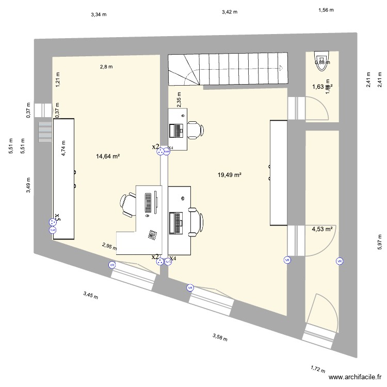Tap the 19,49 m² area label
coord(230,175)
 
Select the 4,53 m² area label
coord(321,229)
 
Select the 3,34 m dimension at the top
coord(99,14)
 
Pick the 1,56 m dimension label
coord(326,10)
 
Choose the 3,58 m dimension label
coord(220,337)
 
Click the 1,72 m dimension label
coord(318,369)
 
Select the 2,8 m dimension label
coord(106,66)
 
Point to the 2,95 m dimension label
coord(109,246)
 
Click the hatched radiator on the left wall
coord(45,133)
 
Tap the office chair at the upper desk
coord(195,130)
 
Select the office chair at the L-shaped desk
coord(127,203)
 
